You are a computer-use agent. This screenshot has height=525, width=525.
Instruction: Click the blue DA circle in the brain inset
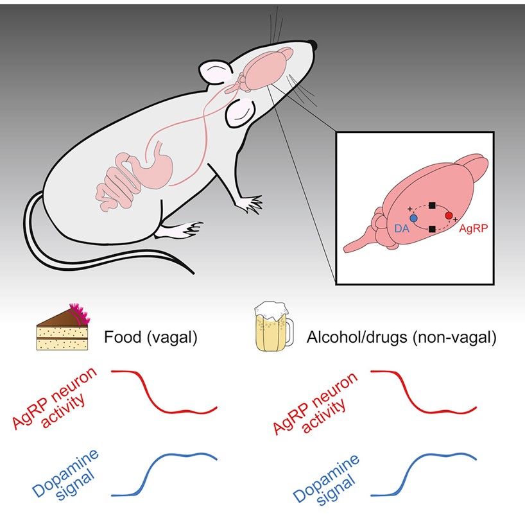(414, 219)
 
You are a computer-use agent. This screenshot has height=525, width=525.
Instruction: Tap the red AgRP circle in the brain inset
(449, 216)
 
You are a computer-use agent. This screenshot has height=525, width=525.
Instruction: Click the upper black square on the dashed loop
(432, 205)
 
